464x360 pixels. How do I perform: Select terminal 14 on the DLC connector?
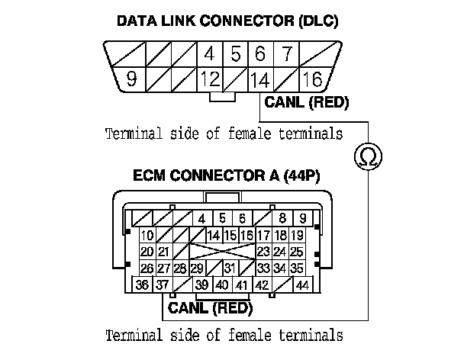pyautogui.click(x=260, y=79)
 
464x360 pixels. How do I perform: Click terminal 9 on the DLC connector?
pyautogui.click(x=131, y=79)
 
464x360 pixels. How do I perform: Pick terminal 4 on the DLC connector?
pyautogui.click(x=208, y=54)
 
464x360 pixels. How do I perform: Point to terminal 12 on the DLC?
pyautogui.click(x=208, y=79)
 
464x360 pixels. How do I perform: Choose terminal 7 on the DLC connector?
pyautogui.click(x=286, y=54)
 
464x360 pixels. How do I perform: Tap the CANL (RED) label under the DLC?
pyautogui.click(x=306, y=102)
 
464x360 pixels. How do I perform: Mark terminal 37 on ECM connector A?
pyautogui.click(x=161, y=285)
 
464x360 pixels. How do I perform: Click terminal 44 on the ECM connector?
pyautogui.click(x=301, y=285)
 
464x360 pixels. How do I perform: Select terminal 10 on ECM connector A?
pyautogui.click(x=147, y=235)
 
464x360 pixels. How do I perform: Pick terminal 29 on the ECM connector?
pyautogui.click(x=196, y=268)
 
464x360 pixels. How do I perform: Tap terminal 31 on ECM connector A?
pyautogui.click(x=229, y=268)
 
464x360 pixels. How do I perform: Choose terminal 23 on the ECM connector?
pyautogui.click(x=264, y=251)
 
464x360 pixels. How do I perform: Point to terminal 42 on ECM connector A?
pyautogui.click(x=262, y=285)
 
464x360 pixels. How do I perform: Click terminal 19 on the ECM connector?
pyautogui.click(x=298, y=235)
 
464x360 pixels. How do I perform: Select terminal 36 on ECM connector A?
pyautogui.click(x=142, y=285)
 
